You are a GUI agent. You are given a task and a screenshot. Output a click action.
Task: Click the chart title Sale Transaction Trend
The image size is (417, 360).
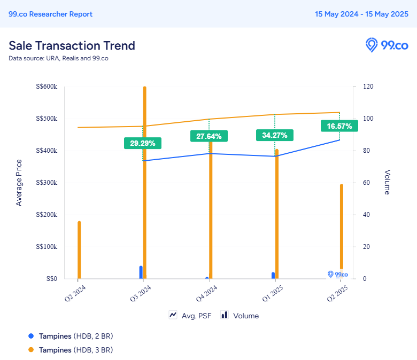(x=72, y=46)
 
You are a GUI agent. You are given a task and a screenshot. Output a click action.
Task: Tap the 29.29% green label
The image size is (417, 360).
(x=143, y=143)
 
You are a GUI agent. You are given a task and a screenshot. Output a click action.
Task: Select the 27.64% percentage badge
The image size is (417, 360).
(x=208, y=136)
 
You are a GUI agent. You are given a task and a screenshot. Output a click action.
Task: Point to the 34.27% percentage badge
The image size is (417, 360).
(x=275, y=135)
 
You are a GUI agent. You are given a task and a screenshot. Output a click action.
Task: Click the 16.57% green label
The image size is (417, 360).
(x=339, y=126)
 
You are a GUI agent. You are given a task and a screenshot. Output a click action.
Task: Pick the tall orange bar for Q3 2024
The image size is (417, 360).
(x=145, y=183)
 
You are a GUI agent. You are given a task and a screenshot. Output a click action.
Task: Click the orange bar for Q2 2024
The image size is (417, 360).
(x=79, y=250)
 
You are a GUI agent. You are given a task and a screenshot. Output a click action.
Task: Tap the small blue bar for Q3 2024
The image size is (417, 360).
(x=141, y=272)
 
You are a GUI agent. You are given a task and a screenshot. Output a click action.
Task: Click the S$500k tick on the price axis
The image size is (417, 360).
(x=47, y=118)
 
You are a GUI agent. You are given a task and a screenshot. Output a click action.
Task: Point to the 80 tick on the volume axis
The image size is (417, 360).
(x=366, y=151)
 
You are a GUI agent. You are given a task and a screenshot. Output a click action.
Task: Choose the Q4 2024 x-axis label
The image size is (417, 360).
(x=207, y=293)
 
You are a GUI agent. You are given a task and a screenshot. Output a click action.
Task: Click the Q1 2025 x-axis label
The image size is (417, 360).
(x=273, y=293)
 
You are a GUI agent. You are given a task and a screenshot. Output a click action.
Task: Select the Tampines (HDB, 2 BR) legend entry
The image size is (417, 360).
(x=71, y=336)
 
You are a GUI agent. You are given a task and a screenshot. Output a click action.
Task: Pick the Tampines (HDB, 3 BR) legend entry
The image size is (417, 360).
(x=71, y=350)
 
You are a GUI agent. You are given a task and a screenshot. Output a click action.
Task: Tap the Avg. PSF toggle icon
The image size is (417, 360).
(x=173, y=315)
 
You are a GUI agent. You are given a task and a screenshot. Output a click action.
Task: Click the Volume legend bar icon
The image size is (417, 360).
(x=225, y=315)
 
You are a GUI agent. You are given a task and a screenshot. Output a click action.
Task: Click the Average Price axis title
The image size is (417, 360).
(x=19, y=183)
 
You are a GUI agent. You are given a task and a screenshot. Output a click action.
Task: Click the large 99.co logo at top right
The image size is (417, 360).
(x=387, y=45)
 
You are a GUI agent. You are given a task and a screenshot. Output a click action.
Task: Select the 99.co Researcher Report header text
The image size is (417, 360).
(x=51, y=14)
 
